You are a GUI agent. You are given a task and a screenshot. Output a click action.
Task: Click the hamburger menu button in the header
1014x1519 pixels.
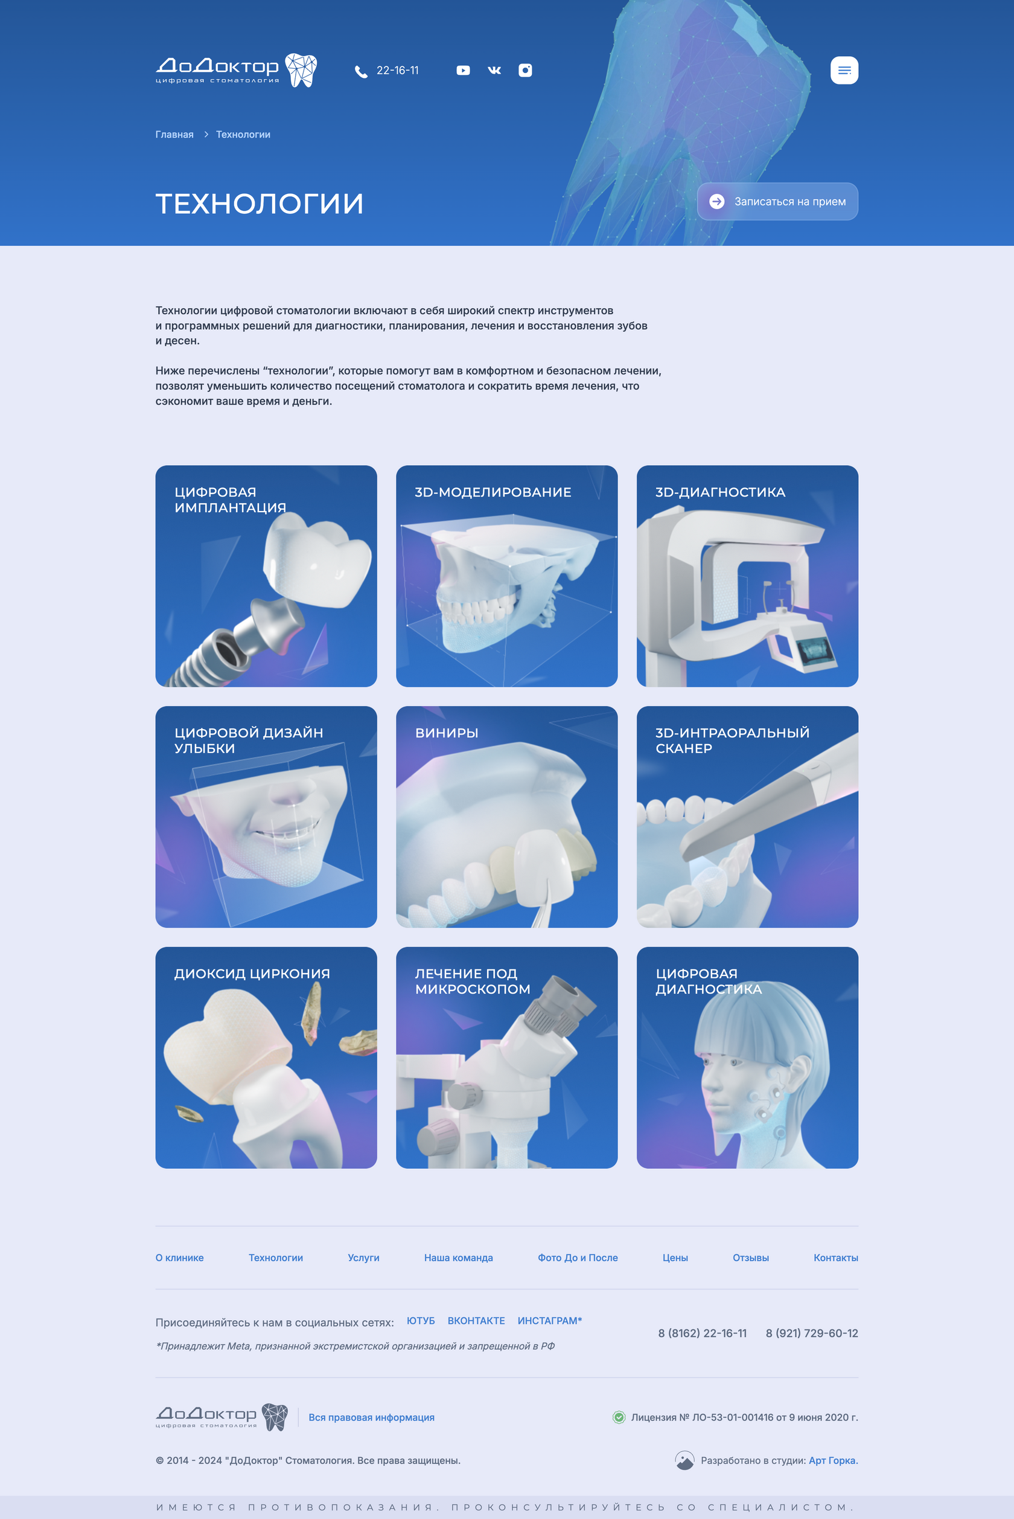tap(844, 71)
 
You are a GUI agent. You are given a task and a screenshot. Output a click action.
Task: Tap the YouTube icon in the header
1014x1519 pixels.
tap(463, 71)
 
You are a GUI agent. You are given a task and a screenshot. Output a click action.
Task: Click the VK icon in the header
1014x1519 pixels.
tap(494, 71)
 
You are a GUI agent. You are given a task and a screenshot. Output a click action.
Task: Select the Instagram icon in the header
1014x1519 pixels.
tap(525, 71)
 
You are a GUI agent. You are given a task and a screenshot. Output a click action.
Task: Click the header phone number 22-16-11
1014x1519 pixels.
tap(397, 71)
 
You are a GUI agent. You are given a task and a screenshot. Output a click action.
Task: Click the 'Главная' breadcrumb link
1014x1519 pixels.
tap(174, 135)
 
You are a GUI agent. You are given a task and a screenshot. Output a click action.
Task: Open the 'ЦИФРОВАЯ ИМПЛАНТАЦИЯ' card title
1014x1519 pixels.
tap(230, 500)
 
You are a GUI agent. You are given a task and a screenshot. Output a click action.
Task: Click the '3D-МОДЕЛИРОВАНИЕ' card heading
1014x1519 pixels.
tap(493, 492)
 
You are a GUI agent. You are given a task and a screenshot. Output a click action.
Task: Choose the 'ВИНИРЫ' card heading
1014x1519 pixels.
tap(446, 733)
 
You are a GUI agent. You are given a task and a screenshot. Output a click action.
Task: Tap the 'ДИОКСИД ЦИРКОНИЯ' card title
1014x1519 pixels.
tap(252, 974)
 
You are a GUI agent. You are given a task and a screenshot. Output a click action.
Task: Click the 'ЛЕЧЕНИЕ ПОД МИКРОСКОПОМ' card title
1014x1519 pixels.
tap(473, 981)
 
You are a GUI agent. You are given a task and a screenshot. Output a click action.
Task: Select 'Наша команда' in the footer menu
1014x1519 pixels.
tap(459, 1257)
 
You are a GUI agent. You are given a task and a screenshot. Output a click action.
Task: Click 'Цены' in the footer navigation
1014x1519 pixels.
tap(675, 1257)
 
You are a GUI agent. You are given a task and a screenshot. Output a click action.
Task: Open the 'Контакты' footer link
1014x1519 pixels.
tap(835, 1257)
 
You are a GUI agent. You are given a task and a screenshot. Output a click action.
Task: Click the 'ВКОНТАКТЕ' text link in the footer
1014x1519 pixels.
tap(476, 1320)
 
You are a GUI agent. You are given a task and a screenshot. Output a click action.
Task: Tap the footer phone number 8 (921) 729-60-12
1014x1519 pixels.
tap(812, 1334)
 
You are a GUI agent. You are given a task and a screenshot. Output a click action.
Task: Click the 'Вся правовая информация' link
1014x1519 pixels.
tap(371, 1418)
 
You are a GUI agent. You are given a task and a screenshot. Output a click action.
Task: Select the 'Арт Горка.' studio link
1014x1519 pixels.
tap(833, 1461)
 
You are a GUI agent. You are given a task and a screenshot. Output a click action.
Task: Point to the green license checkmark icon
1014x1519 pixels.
tap(619, 1418)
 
